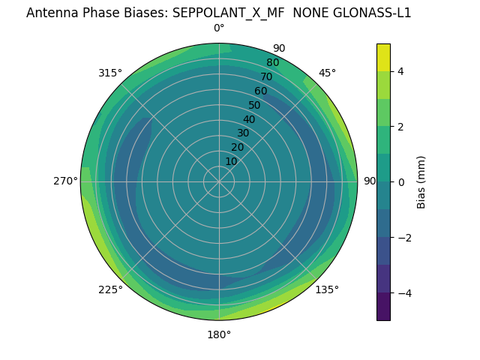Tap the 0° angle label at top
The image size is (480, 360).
coord(219,28)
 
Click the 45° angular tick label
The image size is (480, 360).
coord(327,73)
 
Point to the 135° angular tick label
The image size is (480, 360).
coord(327,289)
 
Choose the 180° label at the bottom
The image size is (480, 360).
coord(219,334)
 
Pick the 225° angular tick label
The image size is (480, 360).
coord(110,289)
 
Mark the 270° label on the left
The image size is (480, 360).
coord(66,181)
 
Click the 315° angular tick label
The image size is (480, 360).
coord(110,73)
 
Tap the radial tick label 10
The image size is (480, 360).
coord(231,161)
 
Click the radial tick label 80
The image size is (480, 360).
coord(272,63)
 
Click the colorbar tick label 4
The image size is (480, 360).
coord(400,71)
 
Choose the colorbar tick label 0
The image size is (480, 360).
coord(400,181)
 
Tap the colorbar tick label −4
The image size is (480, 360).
coord(403,292)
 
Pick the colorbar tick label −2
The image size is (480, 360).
coord(403,237)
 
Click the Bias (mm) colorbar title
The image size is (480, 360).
coord(421,181)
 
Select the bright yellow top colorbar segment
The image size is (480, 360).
coord(383,57)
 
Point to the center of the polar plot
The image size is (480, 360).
coord(219,181)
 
